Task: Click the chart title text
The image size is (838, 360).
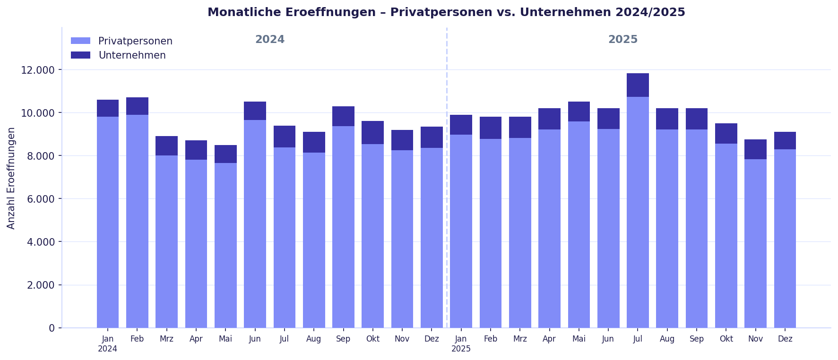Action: pyautogui.click(x=446, y=12)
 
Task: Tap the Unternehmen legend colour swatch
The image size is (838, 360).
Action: pyautogui.click(x=80, y=55)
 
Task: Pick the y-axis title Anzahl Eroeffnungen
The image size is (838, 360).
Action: pyautogui.click(x=11, y=178)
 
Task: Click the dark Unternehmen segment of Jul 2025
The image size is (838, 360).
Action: pyautogui.click(x=638, y=85)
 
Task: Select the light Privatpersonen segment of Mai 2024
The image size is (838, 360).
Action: pyautogui.click(x=225, y=246)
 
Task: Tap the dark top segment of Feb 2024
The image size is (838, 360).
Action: pyautogui.click(x=137, y=106)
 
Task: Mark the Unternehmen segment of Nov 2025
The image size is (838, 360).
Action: pyautogui.click(x=755, y=149)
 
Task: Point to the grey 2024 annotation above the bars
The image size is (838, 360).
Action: pyautogui.click(x=270, y=40)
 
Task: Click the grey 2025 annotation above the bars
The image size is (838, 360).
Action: pyautogui.click(x=622, y=40)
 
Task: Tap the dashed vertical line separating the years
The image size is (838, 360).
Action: pyautogui.click(x=447, y=189)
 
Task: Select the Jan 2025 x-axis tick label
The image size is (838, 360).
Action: pyautogui.click(x=461, y=343)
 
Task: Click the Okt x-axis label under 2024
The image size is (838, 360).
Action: pyautogui.click(x=372, y=339)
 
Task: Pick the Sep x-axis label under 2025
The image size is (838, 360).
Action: pyautogui.click(x=696, y=339)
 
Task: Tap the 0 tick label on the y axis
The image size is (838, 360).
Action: pyautogui.click(x=52, y=328)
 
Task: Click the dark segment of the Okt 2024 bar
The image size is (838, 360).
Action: pyautogui.click(x=372, y=133)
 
